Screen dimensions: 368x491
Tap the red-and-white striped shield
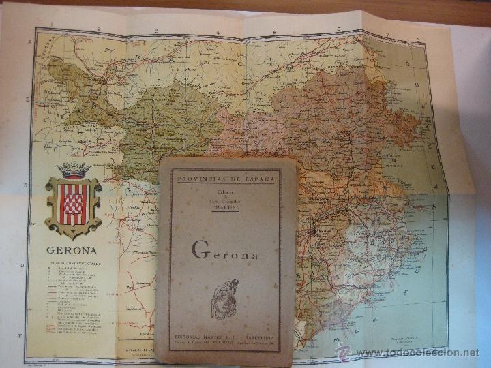pos(73,203)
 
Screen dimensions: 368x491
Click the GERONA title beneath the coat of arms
pos(72,250)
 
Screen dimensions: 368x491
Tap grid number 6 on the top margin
pos(338,30)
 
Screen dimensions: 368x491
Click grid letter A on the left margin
pos(29,42)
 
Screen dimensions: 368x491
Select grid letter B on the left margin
pos(28,100)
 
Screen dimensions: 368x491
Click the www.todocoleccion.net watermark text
pos(417,352)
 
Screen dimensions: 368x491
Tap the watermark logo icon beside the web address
pos(344,352)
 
